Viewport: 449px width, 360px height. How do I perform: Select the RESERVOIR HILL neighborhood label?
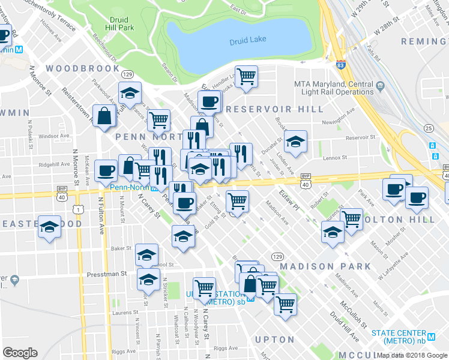tap(275, 109)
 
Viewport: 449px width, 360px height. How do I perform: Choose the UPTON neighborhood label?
tap(274, 340)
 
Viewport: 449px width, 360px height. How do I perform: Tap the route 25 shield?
tap(428, 128)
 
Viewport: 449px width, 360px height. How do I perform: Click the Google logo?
tap(20, 352)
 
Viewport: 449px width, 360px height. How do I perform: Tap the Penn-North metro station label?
tap(133, 187)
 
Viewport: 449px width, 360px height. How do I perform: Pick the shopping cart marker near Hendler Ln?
tap(246, 77)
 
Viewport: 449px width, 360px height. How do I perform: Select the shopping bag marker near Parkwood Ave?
tap(104, 116)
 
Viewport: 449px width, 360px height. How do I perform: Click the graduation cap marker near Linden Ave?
tap(295, 142)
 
